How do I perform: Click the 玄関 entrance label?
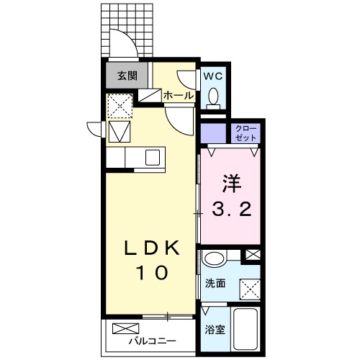point(127,75)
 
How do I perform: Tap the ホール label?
point(178,94)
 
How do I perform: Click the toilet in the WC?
point(213,99)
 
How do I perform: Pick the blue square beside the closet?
point(212,133)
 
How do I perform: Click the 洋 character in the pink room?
point(230,182)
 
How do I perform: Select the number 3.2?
point(230,210)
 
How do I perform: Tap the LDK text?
point(150,248)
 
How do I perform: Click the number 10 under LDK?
point(151,273)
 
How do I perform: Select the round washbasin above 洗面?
point(214,259)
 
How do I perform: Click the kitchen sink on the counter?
point(153,156)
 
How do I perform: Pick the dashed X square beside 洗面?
point(250,289)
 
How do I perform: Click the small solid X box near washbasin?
point(253,255)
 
